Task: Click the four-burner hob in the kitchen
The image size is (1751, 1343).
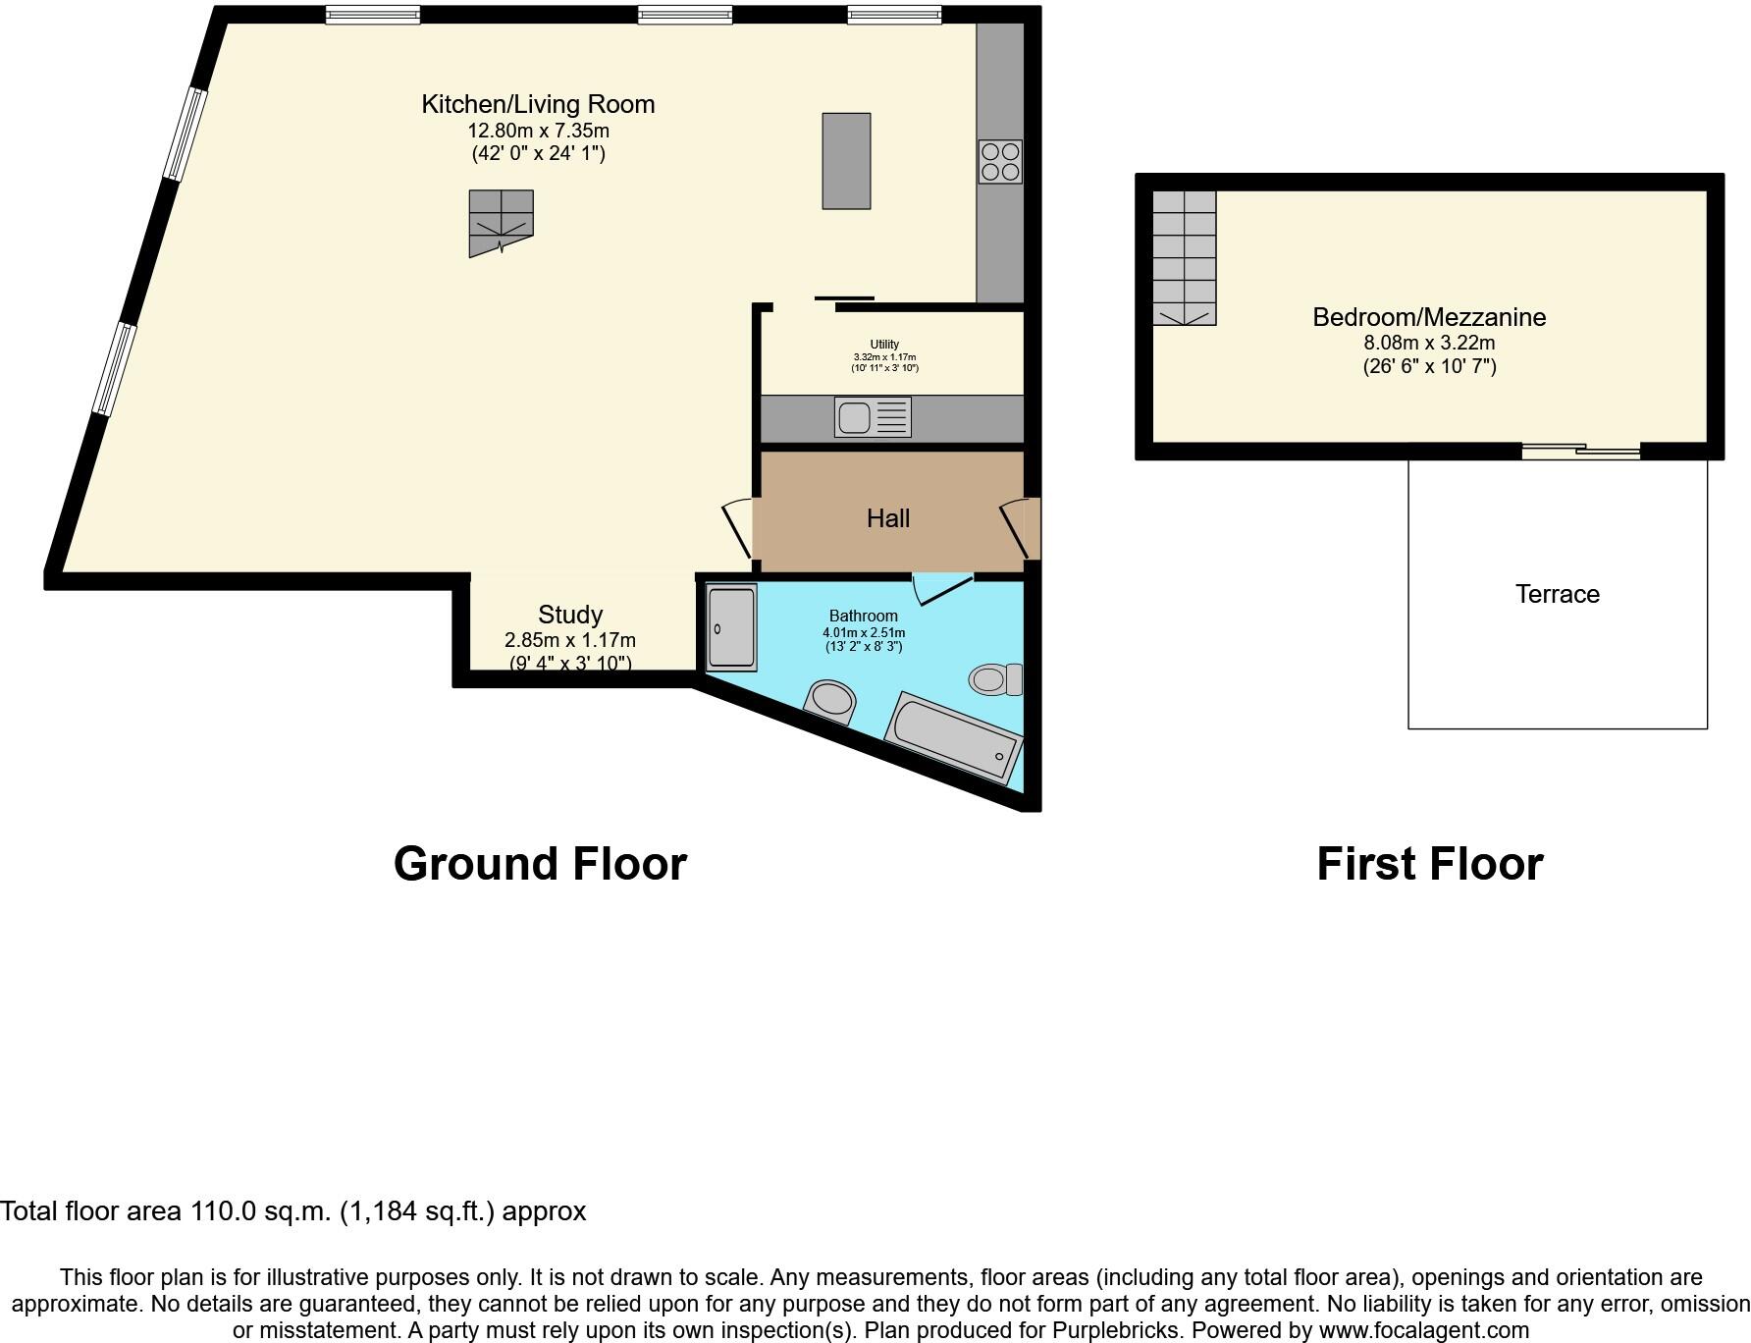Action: [1000, 162]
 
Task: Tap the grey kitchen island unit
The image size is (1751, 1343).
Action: [846, 161]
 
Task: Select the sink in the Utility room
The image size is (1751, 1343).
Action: [873, 417]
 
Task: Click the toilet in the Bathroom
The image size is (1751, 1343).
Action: [994, 678]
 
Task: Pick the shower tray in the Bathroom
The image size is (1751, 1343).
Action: [731, 628]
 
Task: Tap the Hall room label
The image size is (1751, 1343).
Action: [887, 518]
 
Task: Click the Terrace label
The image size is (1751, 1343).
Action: [1557, 594]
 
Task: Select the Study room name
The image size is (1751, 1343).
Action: [570, 615]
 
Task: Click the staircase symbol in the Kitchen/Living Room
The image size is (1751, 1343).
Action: [501, 222]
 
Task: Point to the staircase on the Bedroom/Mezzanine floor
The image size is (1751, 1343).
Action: [1184, 257]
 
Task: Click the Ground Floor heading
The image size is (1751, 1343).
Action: [540, 864]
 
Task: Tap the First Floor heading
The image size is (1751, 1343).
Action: [1429, 864]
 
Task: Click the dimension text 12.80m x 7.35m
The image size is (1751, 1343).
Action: [538, 131]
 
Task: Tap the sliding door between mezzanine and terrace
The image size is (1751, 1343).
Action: [1580, 451]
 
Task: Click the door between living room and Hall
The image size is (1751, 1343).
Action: [740, 529]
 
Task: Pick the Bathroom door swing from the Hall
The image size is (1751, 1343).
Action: [940, 589]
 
